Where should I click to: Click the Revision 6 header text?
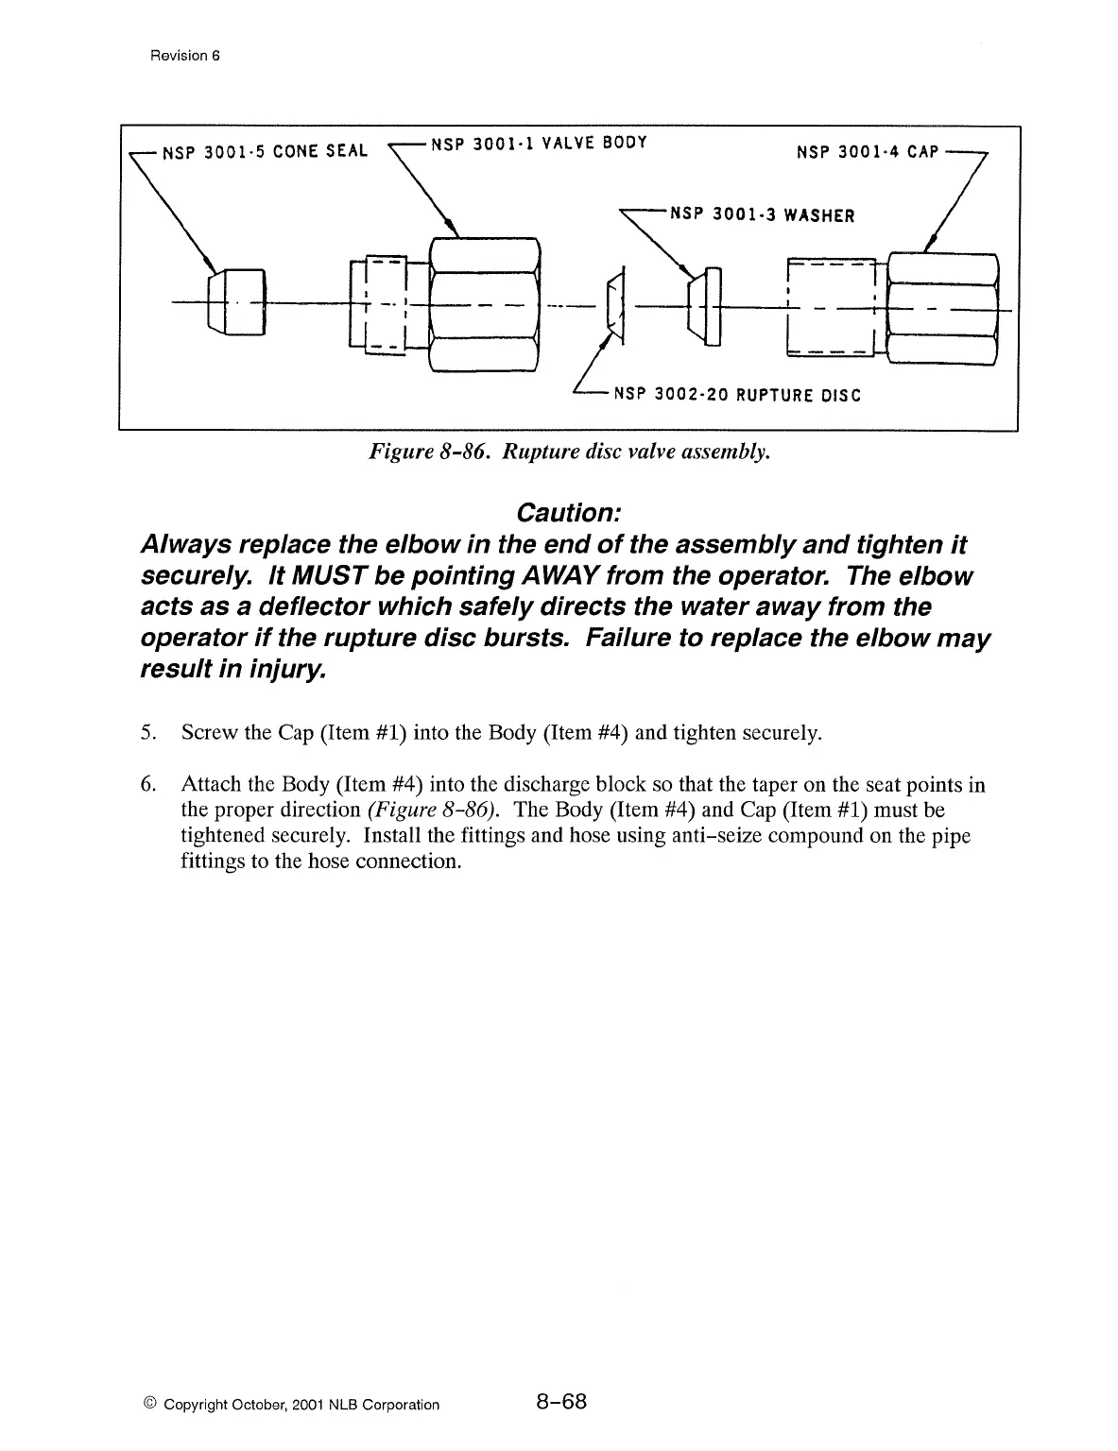[184, 55]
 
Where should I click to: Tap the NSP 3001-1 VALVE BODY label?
[539, 144]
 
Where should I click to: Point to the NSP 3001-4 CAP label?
[867, 152]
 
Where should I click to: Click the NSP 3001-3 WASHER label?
[762, 214]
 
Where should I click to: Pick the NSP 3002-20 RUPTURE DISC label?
[737, 395]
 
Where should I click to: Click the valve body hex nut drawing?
[484, 304]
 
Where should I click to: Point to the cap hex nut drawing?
[942, 308]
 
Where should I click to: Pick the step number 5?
[146, 733]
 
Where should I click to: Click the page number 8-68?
[561, 1402]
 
